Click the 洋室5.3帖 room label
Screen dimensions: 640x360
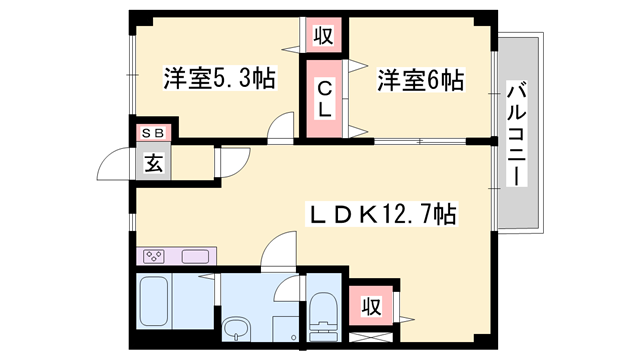click(220, 78)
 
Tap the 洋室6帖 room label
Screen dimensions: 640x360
click(420, 80)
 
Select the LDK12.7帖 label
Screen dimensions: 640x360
click(382, 213)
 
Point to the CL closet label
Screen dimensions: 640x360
click(324, 99)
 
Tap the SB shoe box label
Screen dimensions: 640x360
click(153, 133)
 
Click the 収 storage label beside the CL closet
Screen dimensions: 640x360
click(323, 36)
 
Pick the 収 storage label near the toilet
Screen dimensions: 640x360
click(371, 306)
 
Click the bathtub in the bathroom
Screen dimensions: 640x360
click(152, 301)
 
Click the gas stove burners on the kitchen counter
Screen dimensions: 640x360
click(154, 256)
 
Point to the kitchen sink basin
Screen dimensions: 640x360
click(195, 257)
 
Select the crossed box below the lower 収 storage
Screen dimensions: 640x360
click(371, 338)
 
